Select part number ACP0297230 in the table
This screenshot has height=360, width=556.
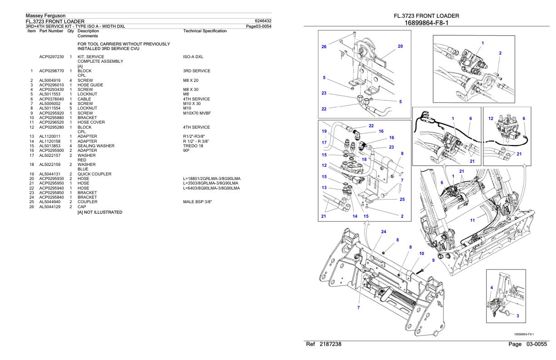click(51, 57)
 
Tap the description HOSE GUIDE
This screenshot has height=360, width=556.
click(90, 85)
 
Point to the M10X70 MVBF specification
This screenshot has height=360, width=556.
click(198, 113)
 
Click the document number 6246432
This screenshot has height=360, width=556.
click(264, 21)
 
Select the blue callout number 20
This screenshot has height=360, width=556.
click(400, 46)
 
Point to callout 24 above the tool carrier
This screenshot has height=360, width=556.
click(383, 231)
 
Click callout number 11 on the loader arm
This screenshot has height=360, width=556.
click(472, 220)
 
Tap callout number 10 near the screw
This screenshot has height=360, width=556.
click(422, 253)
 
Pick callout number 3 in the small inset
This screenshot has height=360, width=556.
click(518, 315)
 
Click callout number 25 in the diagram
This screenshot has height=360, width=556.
click(402, 199)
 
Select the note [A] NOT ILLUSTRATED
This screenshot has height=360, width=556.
click(99, 212)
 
